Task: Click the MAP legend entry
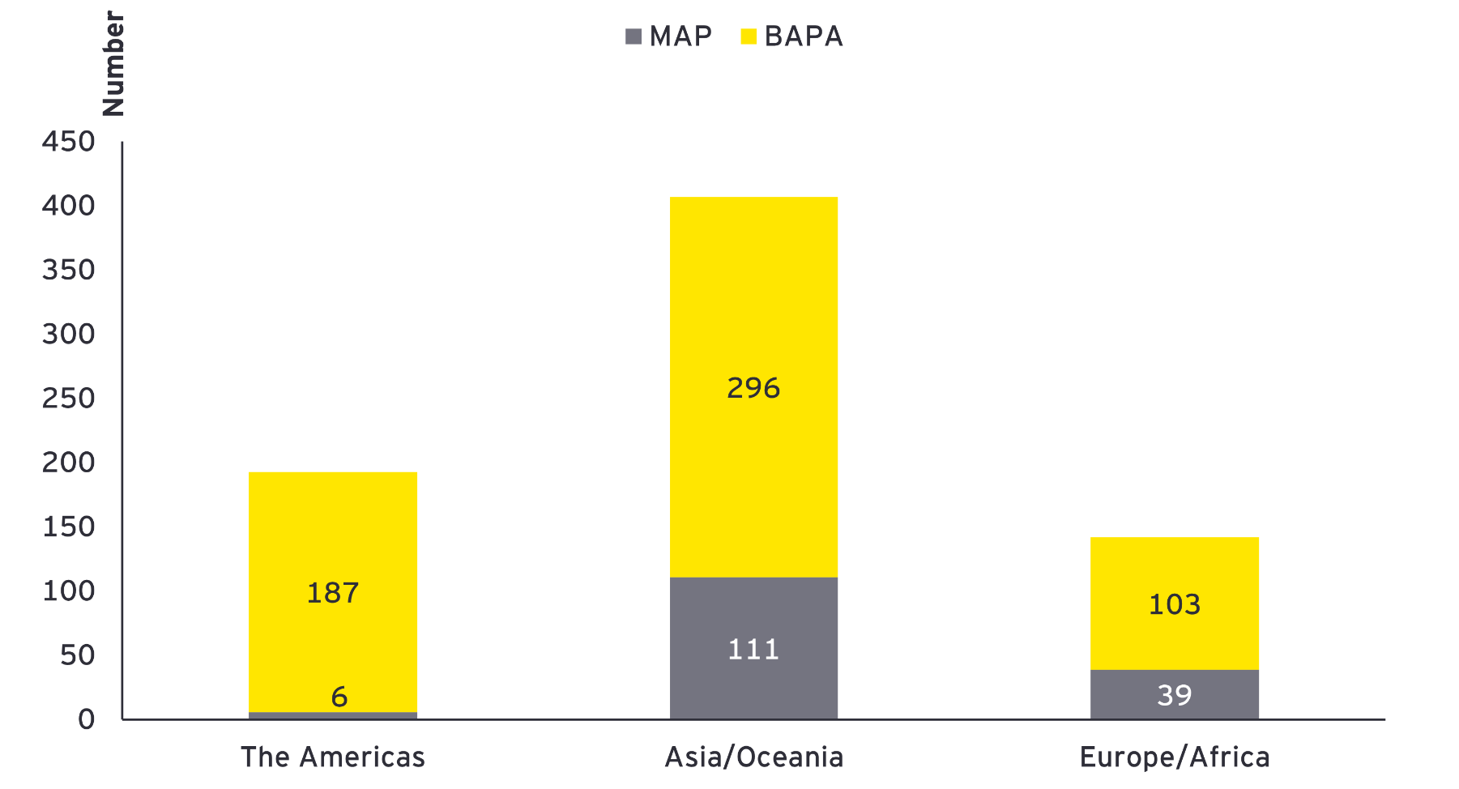click(x=669, y=36)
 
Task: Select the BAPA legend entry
click(x=792, y=36)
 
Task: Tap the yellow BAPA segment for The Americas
click(x=333, y=527)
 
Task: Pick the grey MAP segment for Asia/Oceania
click(x=753, y=616)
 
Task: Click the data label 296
click(x=753, y=389)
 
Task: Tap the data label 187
click(x=333, y=593)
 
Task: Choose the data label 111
click(x=753, y=650)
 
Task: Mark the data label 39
click(x=1175, y=695)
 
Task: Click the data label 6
click(x=339, y=697)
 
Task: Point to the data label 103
click(x=1175, y=604)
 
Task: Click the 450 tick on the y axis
click(x=69, y=142)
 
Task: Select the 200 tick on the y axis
click(x=69, y=463)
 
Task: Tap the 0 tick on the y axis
click(x=87, y=719)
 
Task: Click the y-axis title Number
click(x=113, y=63)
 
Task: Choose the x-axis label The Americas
click(x=333, y=757)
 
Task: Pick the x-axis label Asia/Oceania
click(x=753, y=757)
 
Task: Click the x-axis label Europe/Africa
click(x=1175, y=757)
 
